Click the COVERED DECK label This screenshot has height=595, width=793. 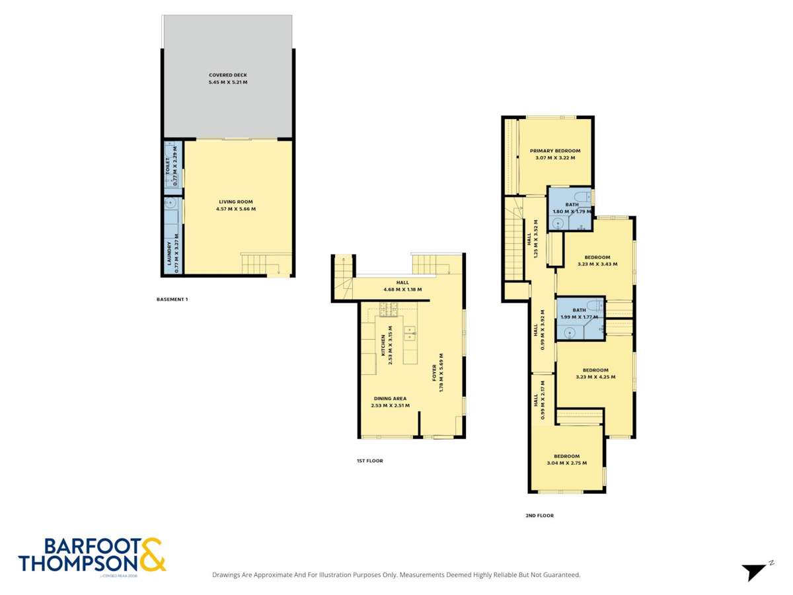pos(228,75)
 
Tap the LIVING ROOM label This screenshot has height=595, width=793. pos(235,202)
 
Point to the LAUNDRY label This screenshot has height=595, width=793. pos(170,254)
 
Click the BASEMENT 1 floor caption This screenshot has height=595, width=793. pos(172,299)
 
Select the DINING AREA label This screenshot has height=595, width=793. pos(390,399)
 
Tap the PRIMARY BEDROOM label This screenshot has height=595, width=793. pos(555,151)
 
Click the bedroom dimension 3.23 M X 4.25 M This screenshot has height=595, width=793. pos(595,377)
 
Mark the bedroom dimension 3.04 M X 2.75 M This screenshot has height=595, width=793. pos(566,463)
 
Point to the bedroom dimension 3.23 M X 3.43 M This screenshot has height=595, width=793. pos(597,264)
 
